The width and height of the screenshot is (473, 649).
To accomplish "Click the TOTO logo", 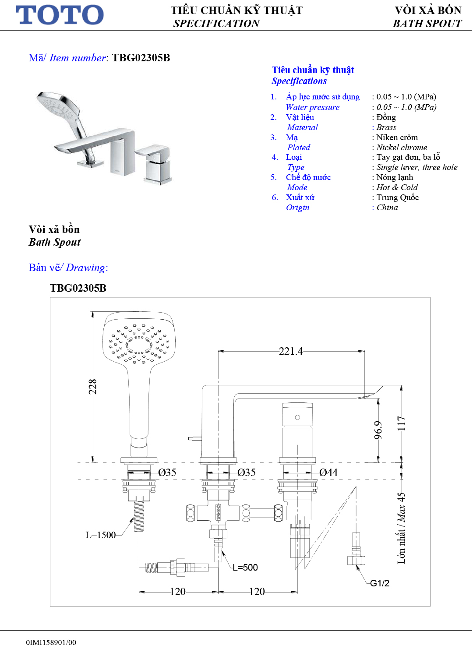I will pos(60,15).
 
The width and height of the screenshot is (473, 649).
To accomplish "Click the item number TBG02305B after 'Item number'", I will pos(141,58).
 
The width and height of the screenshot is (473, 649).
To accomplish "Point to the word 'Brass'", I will pos(386,127).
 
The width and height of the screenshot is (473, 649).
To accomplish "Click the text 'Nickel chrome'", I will pos(401,148).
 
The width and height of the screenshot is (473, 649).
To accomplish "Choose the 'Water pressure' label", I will pos(312,107).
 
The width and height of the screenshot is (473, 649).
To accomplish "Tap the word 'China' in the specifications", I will pos(387,208).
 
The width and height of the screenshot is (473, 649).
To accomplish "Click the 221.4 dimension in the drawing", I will pos(291,351).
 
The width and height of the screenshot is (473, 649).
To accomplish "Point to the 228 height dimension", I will pos(92,387).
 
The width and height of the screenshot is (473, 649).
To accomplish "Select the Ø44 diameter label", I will pos(328,473).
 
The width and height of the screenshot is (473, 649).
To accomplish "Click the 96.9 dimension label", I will pos(378,430).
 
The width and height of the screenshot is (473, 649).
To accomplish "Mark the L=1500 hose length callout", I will pos(100,535).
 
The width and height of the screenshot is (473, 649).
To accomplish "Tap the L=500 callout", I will pos(245,568).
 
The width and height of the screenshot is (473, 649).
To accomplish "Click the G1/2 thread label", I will pos(379,583).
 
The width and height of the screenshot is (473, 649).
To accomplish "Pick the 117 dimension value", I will pos(401,423).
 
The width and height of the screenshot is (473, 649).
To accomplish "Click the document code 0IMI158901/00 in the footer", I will pos(51,642).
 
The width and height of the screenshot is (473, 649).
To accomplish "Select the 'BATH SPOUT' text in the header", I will pos(427,24).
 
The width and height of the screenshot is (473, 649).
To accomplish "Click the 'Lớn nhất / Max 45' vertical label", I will pos(401,528).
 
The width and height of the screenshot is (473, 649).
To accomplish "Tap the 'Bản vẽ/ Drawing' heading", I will pos(68,268).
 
